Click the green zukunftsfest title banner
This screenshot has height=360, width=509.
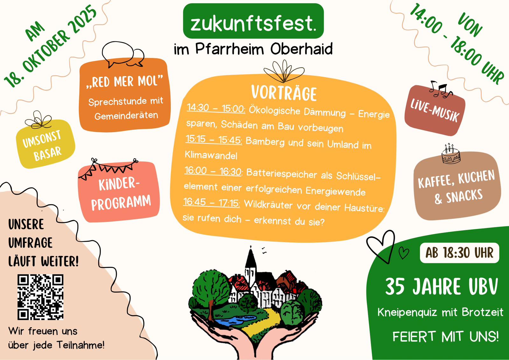click(x=253, y=21)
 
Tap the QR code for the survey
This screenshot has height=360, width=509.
click(x=40, y=297)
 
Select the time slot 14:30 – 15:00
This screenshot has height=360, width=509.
click(x=216, y=108)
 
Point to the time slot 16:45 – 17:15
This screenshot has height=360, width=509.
click(x=211, y=202)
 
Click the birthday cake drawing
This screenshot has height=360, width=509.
click(x=451, y=154)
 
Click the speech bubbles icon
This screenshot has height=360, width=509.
click(x=123, y=54)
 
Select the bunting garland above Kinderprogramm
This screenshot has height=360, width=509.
click(x=108, y=169)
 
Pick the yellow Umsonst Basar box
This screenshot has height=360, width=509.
click(x=45, y=144)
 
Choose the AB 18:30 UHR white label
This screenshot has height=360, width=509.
click(x=459, y=253)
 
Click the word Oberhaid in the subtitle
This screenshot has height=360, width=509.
click(x=301, y=49)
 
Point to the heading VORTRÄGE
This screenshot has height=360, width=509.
click(x=284, y=93)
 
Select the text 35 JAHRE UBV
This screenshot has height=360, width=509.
click(x=442, y=286)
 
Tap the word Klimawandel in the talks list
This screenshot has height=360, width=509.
click(x=211, y=155)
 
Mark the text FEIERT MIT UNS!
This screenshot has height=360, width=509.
click(x=446, y=336)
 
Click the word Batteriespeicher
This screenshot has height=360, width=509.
click(x=282, y=174)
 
